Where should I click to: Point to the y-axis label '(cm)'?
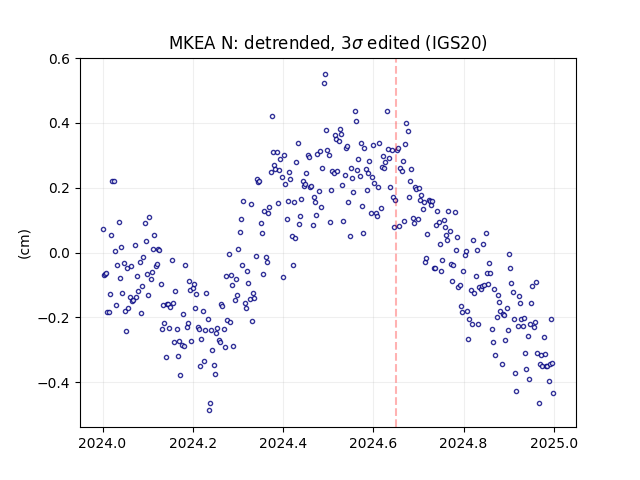point(24,244)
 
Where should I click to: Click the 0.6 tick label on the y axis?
point(60,59)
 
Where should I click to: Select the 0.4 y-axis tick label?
point(60,124)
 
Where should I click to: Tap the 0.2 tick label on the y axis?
point(60,189)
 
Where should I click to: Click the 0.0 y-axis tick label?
point(60,253)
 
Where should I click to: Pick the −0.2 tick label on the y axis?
point(55,318)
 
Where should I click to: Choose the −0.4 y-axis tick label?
point(55,383)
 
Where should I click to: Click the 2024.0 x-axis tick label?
point(103,443)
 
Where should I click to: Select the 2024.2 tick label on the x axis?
point(193,443)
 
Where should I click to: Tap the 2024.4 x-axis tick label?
point(283,443)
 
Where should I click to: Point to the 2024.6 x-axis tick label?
point(373,443)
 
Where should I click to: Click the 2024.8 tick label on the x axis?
point(464,443)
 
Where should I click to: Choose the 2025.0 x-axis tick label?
point(554,443)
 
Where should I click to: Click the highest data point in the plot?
point(325,75)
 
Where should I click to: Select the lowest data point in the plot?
point(209,410)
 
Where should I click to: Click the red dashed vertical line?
point(396,243)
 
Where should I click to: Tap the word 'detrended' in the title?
point(287,43)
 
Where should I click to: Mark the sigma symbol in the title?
point(357,44)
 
